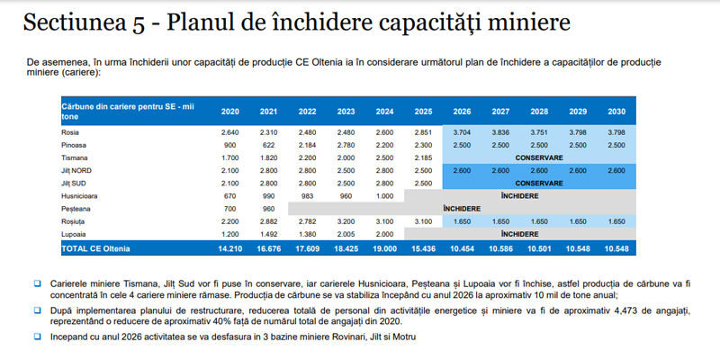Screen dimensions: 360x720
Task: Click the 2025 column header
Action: point(423,112)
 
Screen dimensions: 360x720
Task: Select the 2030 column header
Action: point(616,112)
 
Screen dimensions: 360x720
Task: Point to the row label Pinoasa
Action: point(74,144)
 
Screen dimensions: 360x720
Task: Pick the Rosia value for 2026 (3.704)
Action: point(462,131)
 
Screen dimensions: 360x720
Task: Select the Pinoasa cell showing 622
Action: point(268,144)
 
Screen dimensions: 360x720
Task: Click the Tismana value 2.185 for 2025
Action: point(423,157)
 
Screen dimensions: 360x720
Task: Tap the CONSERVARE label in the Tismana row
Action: point(539,157)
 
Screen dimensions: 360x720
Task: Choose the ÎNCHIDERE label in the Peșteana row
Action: point(462,207)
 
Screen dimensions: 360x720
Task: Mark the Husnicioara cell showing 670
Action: point(229,194)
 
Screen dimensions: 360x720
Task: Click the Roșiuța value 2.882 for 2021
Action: point(268,220)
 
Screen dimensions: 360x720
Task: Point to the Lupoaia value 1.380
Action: point(307,232)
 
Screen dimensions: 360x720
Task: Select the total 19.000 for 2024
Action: point(384,246)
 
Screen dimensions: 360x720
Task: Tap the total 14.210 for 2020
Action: point(229,246)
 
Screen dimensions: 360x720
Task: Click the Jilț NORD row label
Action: point(76,169)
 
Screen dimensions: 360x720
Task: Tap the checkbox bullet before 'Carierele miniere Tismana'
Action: point(37,283)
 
